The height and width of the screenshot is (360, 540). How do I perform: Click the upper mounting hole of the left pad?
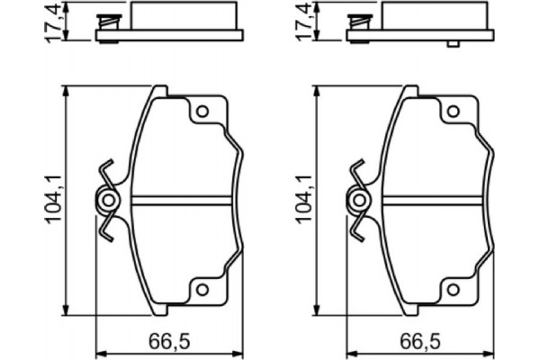click(x=202, y=112)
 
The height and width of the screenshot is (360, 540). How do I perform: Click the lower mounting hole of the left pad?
click(x=202, y=289)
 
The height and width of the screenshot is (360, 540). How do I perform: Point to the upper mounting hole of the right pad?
click(x=454, y=112)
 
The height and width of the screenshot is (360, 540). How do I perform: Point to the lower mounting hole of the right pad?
click(x=454, y=289)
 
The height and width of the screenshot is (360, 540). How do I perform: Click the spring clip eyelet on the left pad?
click(x=108, y=200)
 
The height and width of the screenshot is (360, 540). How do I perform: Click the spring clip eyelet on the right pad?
click(x=359, y=200)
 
